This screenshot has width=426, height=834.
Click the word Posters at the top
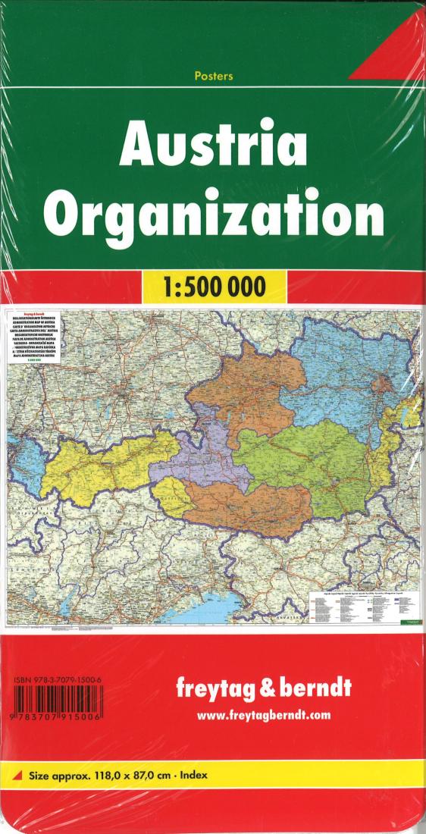point(213,76)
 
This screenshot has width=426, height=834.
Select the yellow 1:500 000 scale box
point(213,287)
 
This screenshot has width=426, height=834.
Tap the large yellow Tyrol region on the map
point(99,462)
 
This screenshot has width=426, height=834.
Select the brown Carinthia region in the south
point(250,504)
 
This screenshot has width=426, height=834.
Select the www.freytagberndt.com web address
point(263,715)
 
